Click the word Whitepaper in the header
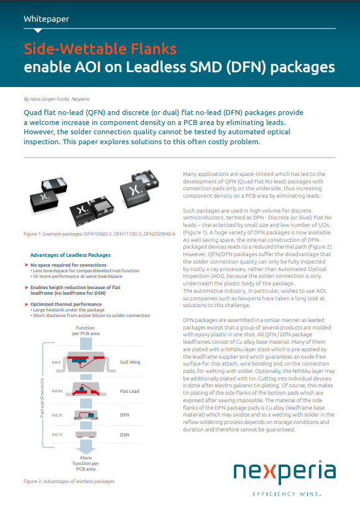(46, 19)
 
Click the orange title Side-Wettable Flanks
(100, 48)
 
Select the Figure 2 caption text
(69, 481)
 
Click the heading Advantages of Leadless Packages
(70, 255)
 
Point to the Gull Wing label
(131, 361)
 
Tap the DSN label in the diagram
(125, 434)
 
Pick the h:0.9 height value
(56, 361)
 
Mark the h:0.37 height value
(57, 415)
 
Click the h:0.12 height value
(57, 434)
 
